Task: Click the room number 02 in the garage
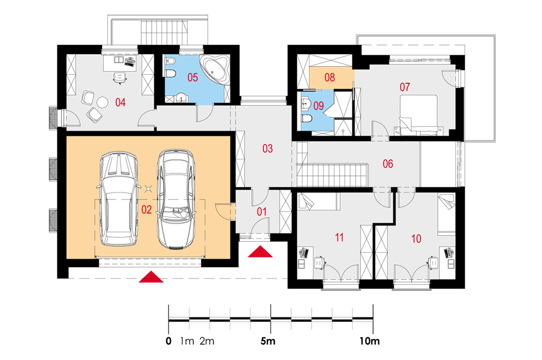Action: (x=146, y=210)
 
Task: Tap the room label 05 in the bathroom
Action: (x=192, y=77)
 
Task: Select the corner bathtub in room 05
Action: (x=215, y=68)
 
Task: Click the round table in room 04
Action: (x=102, y=102)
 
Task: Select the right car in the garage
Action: (x=175, y=199)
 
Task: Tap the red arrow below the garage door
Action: (x=151, y=277)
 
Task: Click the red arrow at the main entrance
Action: (x=260, y=252)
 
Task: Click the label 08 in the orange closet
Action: (x=330, y=77)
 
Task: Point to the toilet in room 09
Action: (x=307, y=119)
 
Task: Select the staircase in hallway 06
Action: (x=332, y=175)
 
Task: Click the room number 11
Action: (x=339, y=237)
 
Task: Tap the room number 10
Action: (x=416, y=238)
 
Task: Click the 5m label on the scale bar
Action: (x=268, y=341)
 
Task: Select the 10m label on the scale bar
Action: (x=369, y=341)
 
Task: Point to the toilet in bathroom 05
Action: (x=171, y=74)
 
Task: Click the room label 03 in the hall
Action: (x=268, y=149)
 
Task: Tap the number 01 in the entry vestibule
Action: (x=262, y=211)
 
